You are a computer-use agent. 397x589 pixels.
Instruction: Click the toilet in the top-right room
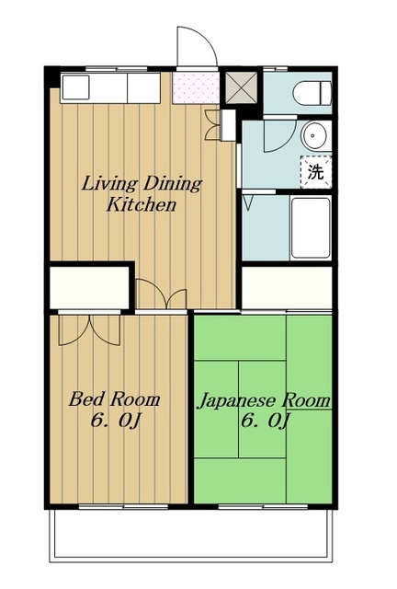tap(312, 93)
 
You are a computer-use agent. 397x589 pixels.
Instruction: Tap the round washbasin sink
tap(314, 135)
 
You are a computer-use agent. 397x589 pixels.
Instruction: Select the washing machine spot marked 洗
tap(315, 172)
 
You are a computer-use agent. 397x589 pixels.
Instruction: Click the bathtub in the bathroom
tap(311, 227)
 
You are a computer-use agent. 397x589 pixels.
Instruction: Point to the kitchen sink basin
tap(75, 87)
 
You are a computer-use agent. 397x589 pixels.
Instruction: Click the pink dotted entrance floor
tap(196, 88)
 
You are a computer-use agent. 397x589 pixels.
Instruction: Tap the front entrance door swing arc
tap(197, 45)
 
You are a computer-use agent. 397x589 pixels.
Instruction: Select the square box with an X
tap(242, 87)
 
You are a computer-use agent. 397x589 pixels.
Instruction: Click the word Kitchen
tap(142, 205)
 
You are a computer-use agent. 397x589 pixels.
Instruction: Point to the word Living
tap(109, 184)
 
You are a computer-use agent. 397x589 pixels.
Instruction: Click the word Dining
tap(173, 184)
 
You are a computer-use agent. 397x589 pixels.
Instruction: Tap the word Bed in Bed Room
tap(85, 398)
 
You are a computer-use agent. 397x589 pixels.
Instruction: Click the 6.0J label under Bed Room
tap(115, 421)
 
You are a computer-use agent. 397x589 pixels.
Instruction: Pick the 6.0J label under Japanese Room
tap(265, 421)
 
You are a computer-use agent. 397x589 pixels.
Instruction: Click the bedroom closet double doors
tap(89, 329)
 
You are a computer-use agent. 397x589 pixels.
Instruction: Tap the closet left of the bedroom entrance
tap(90, 287)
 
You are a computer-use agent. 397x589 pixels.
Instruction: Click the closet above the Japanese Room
tap(287, 287)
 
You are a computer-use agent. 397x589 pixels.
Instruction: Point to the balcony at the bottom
tap(191, 535)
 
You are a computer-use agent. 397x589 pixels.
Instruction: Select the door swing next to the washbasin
tap(280, 135)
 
